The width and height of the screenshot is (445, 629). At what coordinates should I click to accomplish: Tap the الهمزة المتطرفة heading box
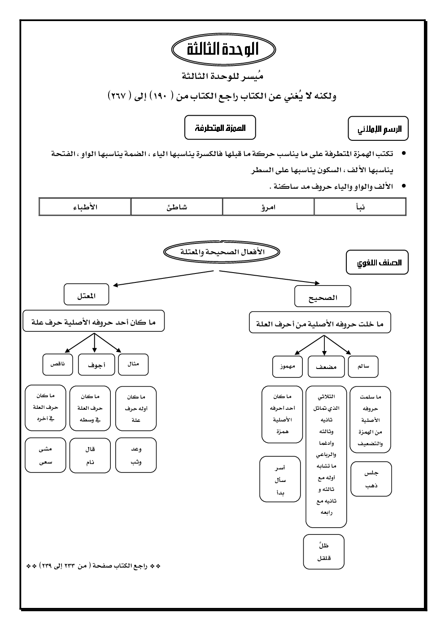click(x=220, y=128)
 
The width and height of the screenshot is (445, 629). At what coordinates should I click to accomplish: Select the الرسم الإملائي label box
click(x=378, y=129)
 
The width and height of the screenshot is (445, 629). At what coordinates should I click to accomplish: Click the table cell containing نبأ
click(x=360, y=207)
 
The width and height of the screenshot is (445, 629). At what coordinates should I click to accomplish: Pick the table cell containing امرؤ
click(x=268, y=207)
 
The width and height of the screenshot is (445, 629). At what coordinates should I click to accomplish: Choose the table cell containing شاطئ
click(x=177, y=207)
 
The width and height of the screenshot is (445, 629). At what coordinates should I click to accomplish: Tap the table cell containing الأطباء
click(x=85, y=207)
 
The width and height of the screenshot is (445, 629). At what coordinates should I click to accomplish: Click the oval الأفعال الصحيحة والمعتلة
click(x=222, y=252)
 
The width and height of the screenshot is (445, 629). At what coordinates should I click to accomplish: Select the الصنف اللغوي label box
click(x=377, y=263)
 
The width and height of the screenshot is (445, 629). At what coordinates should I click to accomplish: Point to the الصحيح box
click(x=323, y=297)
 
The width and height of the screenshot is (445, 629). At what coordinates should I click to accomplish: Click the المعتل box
click(x=87, y=295)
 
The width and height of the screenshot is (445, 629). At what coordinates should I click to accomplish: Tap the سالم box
click(x=363, y=366)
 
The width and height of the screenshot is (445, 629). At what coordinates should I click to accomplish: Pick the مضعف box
click(x=326, y=367)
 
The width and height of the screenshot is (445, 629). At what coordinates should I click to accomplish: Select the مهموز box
click(x=288, y=367)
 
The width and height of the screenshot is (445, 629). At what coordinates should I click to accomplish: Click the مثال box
click(x=133, y=364)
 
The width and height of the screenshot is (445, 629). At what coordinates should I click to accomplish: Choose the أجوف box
click(x=94, y=365)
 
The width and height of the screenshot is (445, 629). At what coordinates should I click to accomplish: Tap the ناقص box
click(x=57, y=364)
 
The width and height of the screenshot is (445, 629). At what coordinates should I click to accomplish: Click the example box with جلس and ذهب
click(x=371, y=479)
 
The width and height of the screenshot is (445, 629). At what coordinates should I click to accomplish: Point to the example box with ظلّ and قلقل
click(x=324, y=551)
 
